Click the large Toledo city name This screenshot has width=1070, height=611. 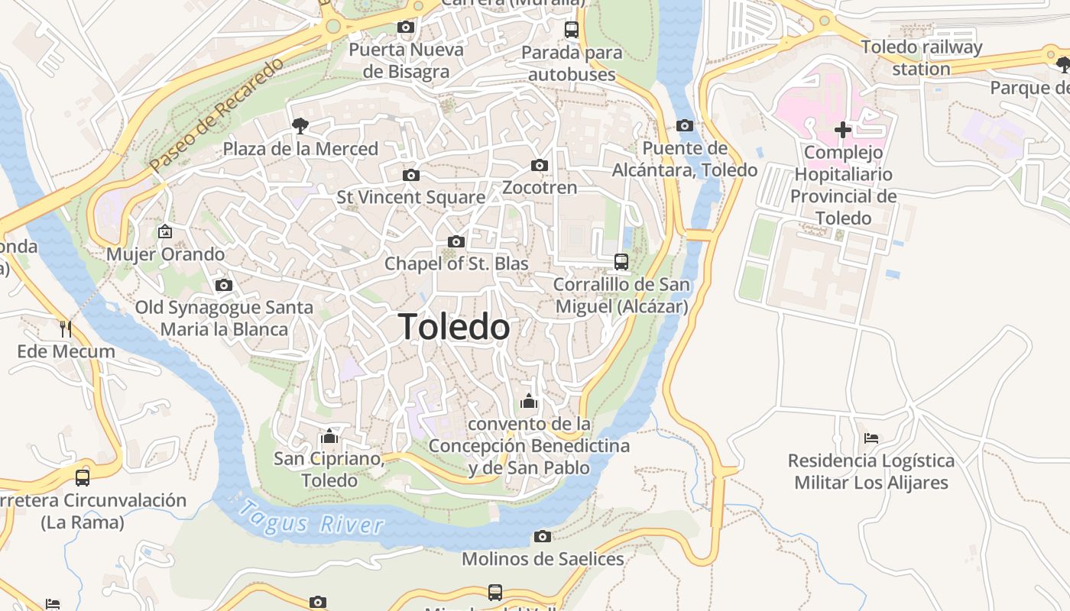coord(454,327)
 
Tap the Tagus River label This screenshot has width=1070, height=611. coord(310,518)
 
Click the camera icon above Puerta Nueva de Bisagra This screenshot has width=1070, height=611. coord(406,27)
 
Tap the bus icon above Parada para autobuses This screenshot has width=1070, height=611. coord(571,30)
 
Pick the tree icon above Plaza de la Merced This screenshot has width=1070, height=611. coord(300,125)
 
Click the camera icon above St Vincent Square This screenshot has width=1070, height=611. coord(410,175)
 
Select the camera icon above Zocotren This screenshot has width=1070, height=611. coord(539,165)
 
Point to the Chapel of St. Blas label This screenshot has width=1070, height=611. coord(456,263)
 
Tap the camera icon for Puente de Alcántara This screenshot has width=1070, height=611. coord(684,125)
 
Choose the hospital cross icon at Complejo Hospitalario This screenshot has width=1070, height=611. coord(842,130)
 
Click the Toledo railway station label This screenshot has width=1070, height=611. coord(921,57)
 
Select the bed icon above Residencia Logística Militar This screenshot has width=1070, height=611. coord(871,438)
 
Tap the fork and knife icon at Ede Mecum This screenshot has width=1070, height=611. coord(66,329)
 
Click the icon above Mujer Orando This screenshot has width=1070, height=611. coord(165,231)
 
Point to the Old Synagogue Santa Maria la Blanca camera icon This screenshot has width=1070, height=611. coord(223,285)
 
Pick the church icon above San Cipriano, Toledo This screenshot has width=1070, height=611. coord(329,436)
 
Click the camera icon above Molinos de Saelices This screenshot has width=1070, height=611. coord(542,536)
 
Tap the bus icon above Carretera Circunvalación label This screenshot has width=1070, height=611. coord(82,478)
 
